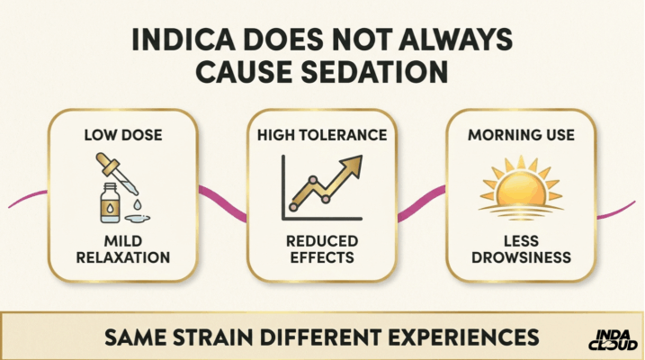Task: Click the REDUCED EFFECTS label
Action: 322,248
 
